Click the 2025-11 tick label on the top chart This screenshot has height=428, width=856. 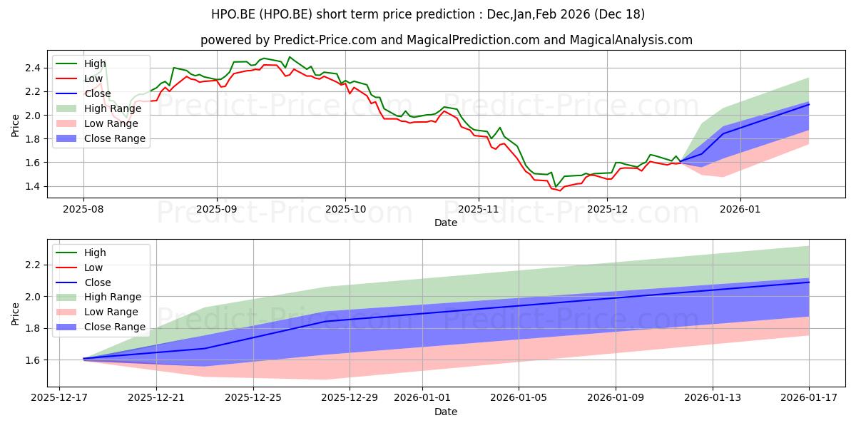[478, 210]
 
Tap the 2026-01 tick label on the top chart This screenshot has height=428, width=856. [740, 210]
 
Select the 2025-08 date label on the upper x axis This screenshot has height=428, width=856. [83, 210]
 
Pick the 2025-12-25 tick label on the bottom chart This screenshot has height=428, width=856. [253, 398]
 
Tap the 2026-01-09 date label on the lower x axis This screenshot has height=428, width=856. [615, 398]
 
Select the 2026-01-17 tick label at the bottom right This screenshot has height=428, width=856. [809, 398]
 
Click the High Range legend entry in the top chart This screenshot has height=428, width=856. [99, 108]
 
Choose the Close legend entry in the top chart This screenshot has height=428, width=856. [83, 93]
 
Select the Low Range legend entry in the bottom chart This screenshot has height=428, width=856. [97, 312]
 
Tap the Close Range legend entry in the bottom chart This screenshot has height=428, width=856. [101, 327]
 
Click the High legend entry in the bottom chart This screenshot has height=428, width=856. [81, 253]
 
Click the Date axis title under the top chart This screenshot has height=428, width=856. [446, 223]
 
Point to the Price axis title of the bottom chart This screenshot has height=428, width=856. [15, 314]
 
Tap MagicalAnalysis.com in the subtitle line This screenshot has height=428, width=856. [631, 40]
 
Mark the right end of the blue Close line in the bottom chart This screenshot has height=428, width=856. [809, 282]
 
